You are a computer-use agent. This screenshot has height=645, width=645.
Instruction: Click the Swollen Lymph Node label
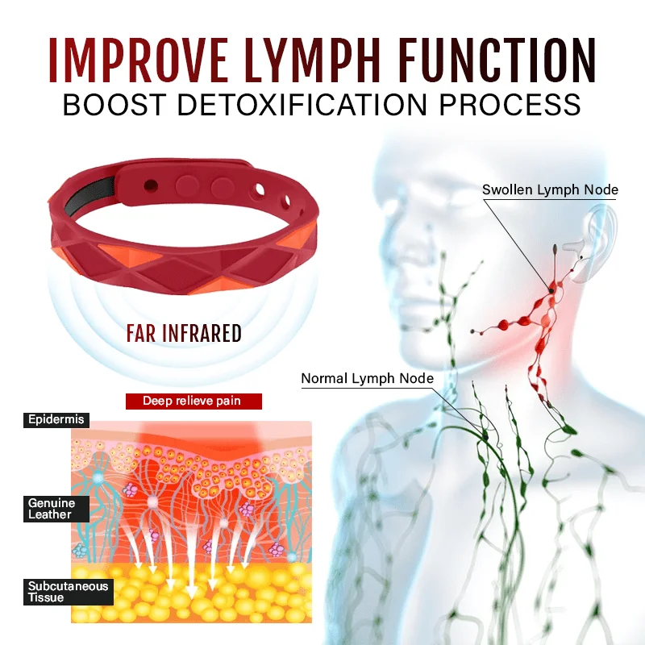pos(550,190)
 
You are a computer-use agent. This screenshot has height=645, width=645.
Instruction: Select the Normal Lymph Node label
pos(367,378)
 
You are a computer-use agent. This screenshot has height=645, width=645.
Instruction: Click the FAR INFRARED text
pos(183,334)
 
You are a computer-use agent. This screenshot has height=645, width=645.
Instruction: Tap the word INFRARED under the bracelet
pos(204,334)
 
